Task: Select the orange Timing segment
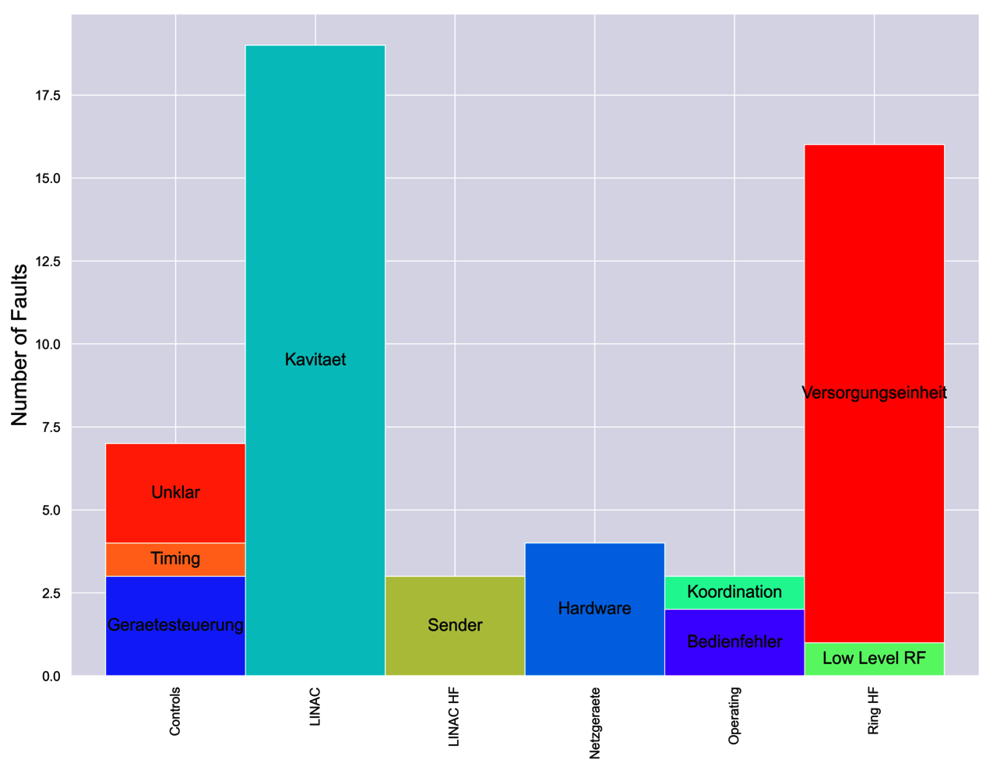pyautogui.click(x=175, y=559)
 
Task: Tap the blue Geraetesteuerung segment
pyautogui.click(x=175, y=625)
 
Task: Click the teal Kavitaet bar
pyautogui.click(x=315, y=360)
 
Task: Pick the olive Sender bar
pyautogui.click(x=455, y=625)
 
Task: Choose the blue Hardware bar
pyautogui.click(x=594, y=609)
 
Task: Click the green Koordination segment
pyautogui.click(x=734, y=592)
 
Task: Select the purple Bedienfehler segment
pyautogui.click(x=734, y=642)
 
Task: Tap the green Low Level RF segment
pyautogui.click(x=874, y=659)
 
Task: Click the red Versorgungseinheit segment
pyautogui.click(x=874, y=392)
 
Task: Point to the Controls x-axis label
pyautogui.click(x=175, y=711)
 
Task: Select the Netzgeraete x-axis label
pyautogui.click(x=595, y=723)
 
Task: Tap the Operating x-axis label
pyautogui.click(x=734, y=716)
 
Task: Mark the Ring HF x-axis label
pyautogui.click(x=874, y=711)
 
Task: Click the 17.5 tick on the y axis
pyautogui.click(x=48, y=96)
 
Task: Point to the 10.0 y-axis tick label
pyautogui.click(x=48, y=344)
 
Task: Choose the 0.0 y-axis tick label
pyautogui.click(x=51, y=676)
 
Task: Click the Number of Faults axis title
pyautogui.click(x=19, y=345)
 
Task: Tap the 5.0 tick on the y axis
pyautogui.click(x=51, y=510)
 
